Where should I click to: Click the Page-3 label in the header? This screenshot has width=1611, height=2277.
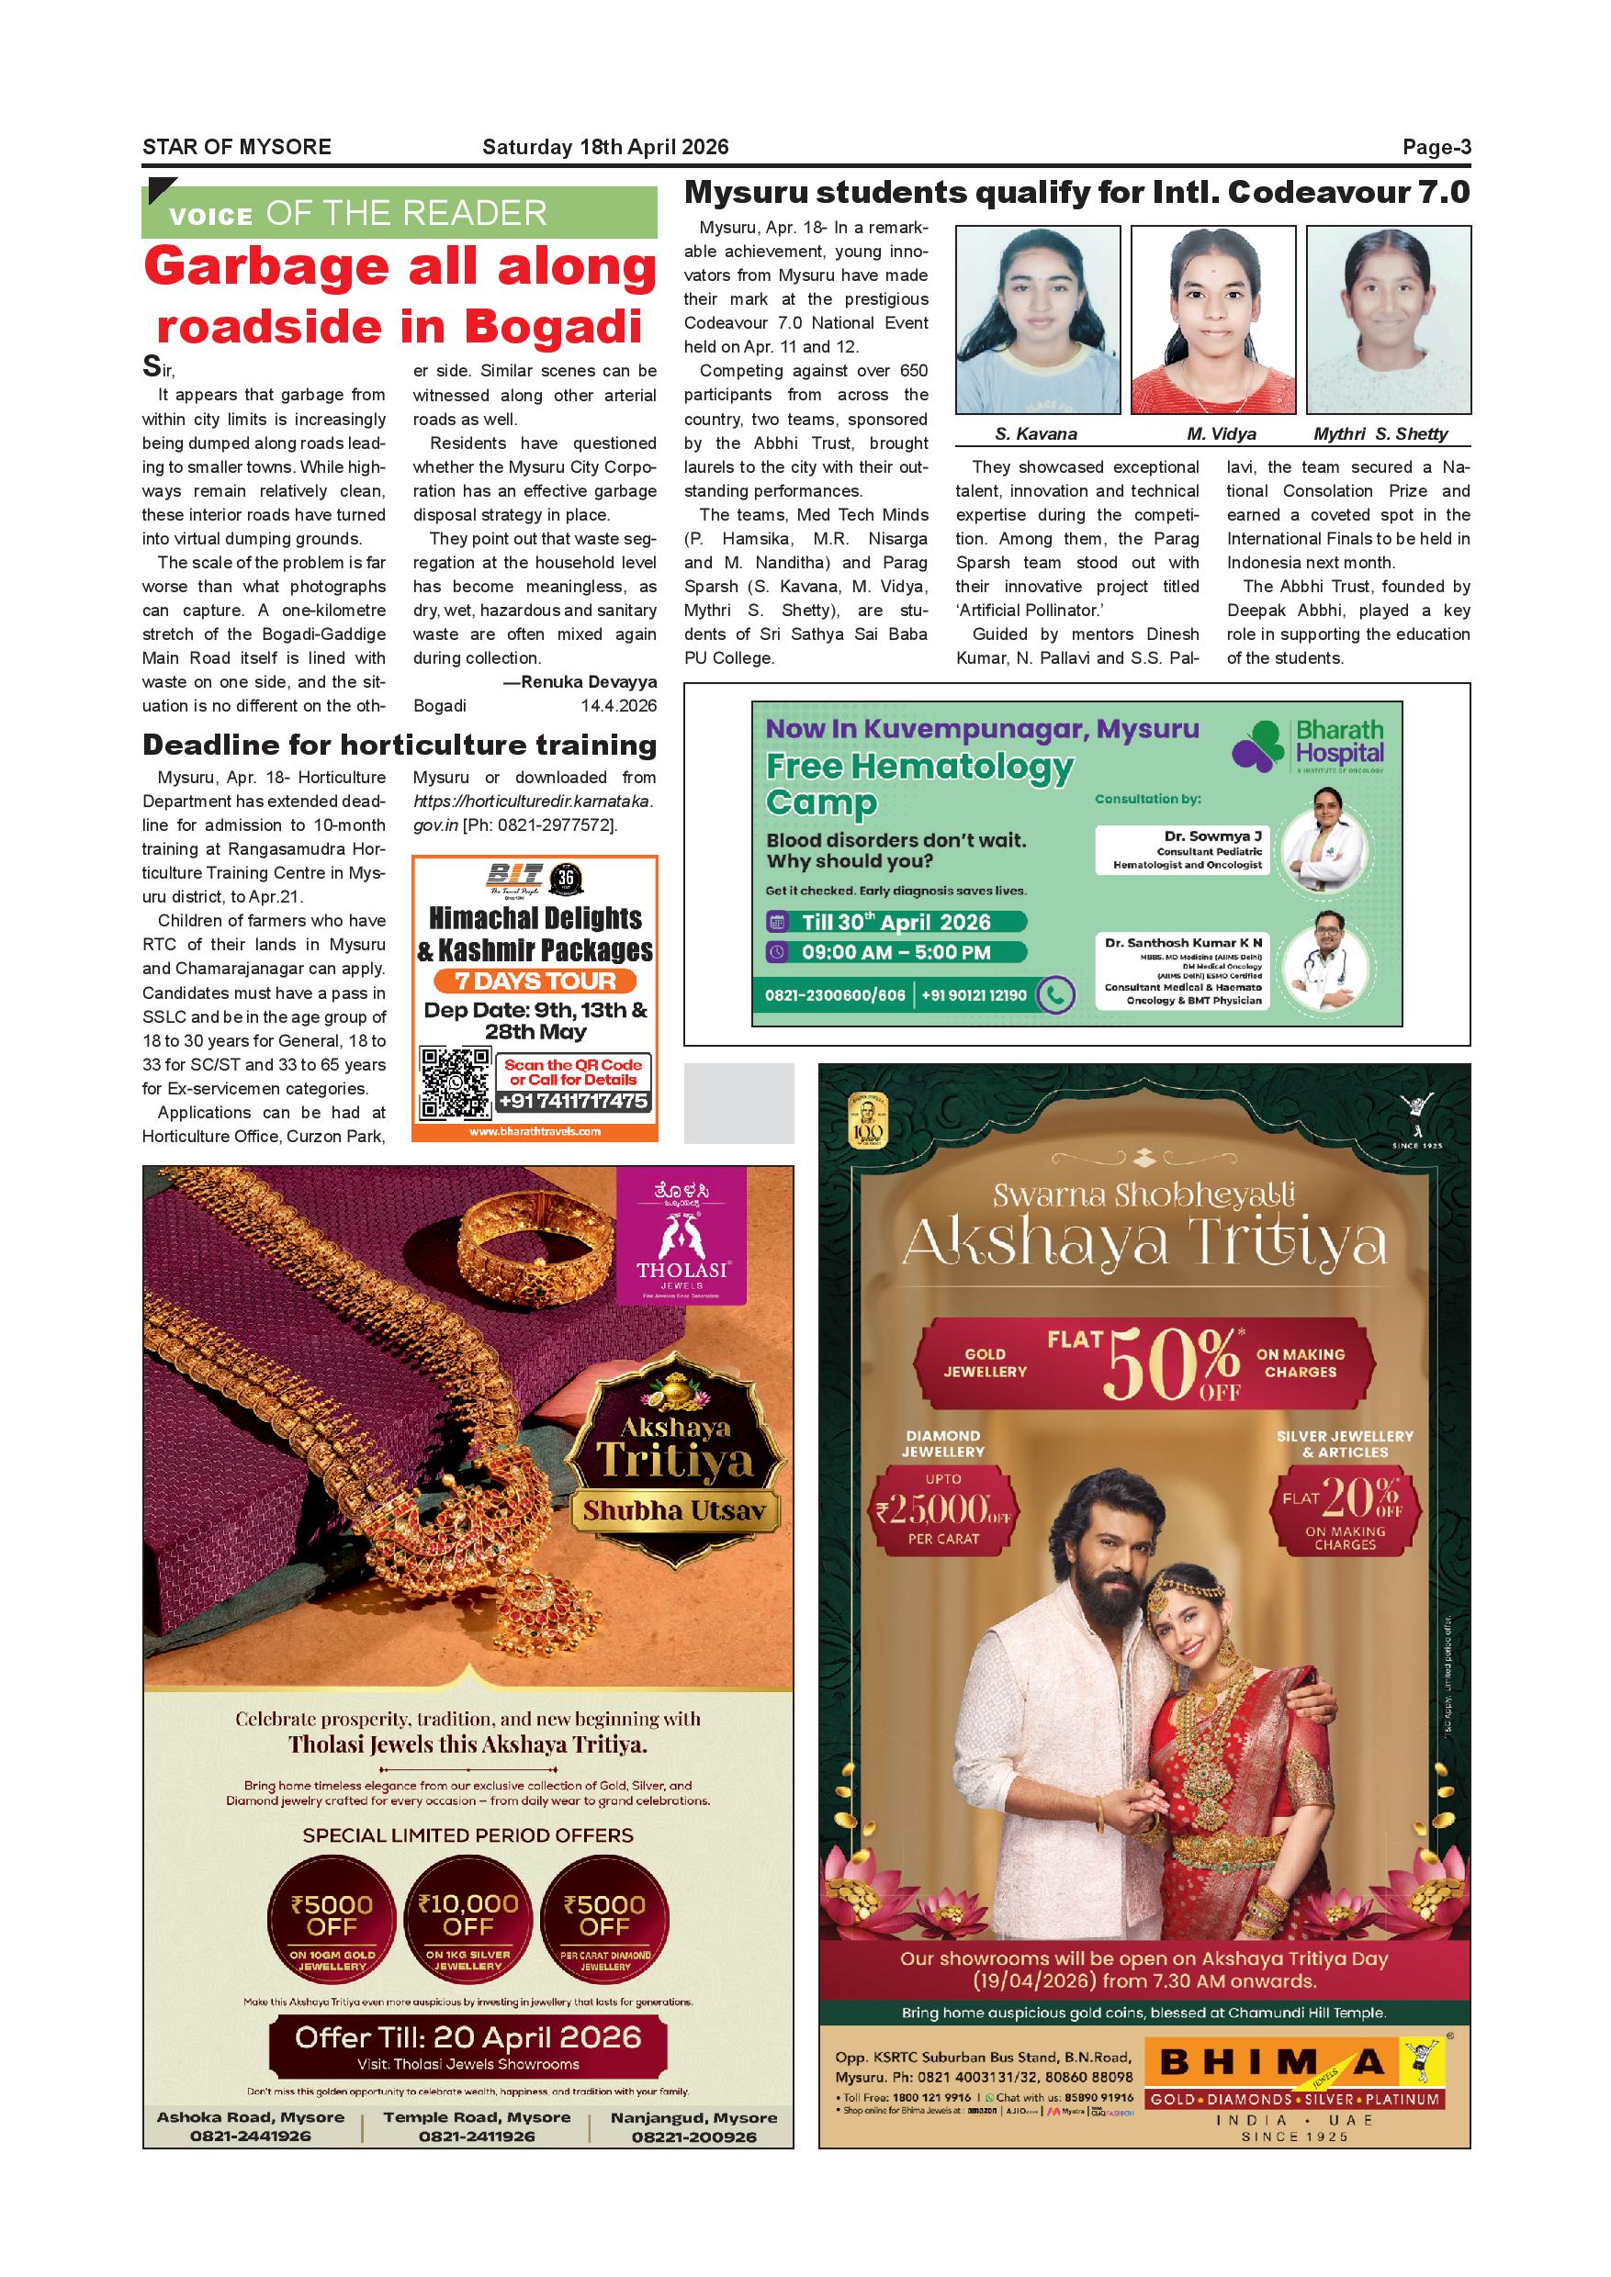pyautogui.click(x=1436, y=148)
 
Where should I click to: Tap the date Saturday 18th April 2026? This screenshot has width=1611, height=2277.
pyautogui.click(x=605, y=148)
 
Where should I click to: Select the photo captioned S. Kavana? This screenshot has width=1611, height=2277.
pyautogui.click(x=1037, y=320)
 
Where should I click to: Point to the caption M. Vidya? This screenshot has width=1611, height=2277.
pyautogui.click(x=1222, y=433)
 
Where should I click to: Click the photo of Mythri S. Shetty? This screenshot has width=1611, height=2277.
pyautogui.click(x=1388, y=320)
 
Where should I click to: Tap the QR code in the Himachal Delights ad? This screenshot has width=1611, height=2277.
pyautogui.click(x=456, y=1083)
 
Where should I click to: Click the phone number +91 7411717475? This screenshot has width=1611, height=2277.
pyautogui.click(x=573, y=1101)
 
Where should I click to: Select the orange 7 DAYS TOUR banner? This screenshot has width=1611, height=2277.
pyautogui.click(x=535, y=981)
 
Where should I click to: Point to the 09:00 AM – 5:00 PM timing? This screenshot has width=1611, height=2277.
pyautogui.click(x=896, y=952)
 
